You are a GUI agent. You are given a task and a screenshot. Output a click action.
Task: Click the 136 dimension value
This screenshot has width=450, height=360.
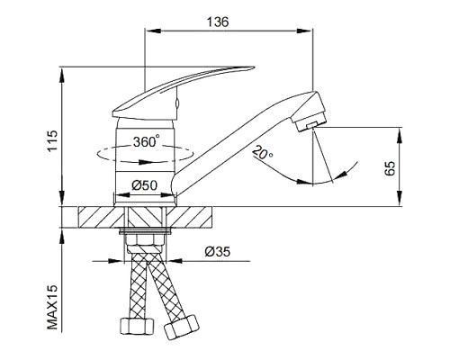218,22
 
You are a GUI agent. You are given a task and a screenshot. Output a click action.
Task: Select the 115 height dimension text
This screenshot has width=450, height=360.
53,140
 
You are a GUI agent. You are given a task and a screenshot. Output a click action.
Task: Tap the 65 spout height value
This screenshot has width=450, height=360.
390,168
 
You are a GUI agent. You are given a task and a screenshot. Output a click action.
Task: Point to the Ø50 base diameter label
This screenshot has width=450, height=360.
144,185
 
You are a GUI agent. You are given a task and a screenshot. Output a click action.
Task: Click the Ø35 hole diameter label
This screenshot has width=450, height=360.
218,252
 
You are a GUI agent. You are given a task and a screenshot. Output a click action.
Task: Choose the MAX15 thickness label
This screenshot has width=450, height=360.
52,307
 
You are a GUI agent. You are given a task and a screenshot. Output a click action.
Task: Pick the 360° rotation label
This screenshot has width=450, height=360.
146,141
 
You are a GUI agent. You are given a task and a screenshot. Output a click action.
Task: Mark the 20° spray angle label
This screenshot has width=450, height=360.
262,152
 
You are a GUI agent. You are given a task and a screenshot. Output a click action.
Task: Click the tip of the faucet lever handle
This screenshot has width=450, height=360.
254,67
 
